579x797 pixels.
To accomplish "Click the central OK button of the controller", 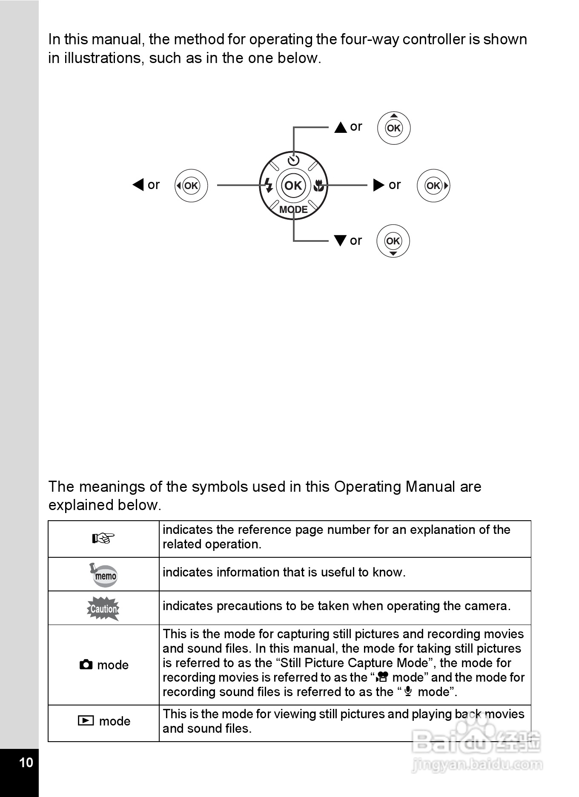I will [x=293, y=186].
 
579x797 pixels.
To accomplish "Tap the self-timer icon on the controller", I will [x=293, y=161].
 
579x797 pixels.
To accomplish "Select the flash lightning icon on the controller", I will [x=268, y=185].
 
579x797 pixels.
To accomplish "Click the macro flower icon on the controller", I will [x=318, y=185].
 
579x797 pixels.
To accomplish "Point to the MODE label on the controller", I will [x=293, y=209].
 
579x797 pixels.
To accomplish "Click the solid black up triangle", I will [x=341, y=127].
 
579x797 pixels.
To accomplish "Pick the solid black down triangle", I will [x=340, y=241].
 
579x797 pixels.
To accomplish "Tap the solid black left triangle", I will [x=138, y=185].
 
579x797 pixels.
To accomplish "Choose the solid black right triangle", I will [x=378, y=185].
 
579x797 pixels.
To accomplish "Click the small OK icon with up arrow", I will [x=394, y=128].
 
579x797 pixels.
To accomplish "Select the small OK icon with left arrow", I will [x=191, y=186].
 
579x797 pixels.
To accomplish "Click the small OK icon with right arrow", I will [x=433, y=186].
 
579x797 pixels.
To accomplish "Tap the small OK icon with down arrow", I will [x=393, y=241].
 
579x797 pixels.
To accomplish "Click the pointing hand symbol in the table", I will [x=103, y=539].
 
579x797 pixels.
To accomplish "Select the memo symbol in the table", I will [x=103, y=575].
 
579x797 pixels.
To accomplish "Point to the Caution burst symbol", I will [x=103, y=608].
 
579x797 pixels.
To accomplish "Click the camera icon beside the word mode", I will [x=86, y=665].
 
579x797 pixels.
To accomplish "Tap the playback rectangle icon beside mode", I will [x=86, y=721].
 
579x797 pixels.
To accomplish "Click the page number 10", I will [x=26, y=763].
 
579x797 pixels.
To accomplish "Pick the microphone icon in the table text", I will [x=408, y=691].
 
